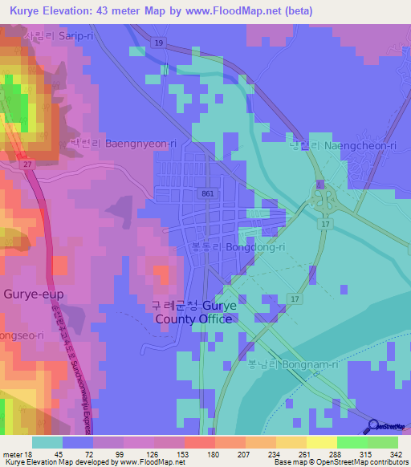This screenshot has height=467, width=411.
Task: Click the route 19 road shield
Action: click(160, 42)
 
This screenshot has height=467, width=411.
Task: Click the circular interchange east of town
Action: click(325, 197)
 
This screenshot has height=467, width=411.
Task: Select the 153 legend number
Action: click(183, 454)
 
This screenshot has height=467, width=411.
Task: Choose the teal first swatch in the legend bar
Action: click(47, 442)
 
